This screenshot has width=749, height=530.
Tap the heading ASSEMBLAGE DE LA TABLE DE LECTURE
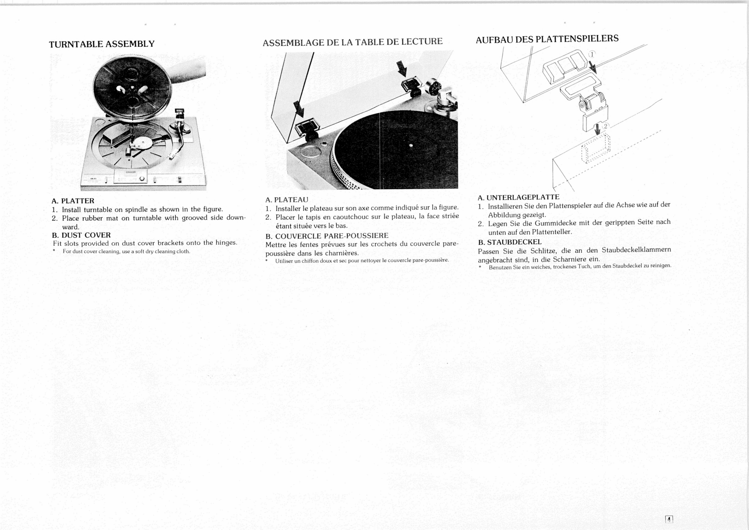[x=352, y=42]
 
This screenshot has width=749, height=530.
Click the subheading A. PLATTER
[x=73, y=201]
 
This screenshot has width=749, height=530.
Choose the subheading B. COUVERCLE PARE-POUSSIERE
[x=327, y=236]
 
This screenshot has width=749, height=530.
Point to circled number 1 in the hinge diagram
[x=592, y=54]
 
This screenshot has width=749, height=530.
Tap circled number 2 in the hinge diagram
[x=606, y=126]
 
